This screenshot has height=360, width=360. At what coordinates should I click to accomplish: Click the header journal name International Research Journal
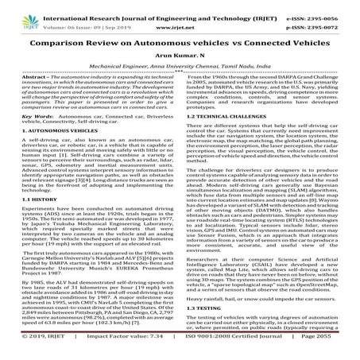[x=127, y=9]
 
